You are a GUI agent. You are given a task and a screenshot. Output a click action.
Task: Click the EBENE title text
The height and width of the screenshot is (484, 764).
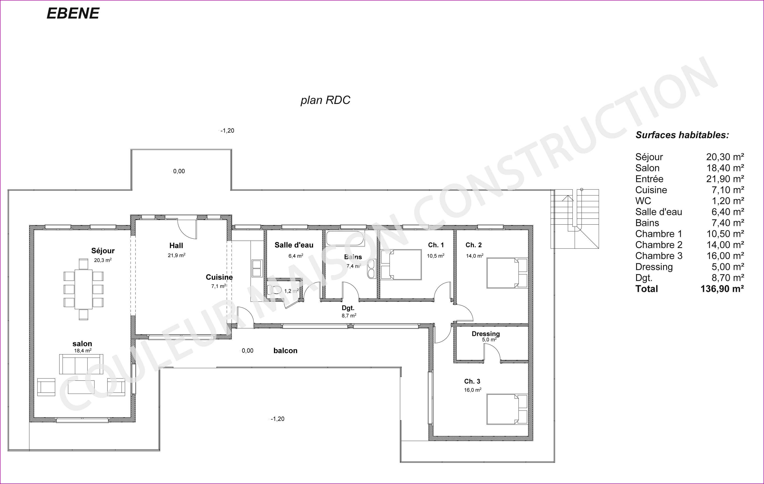pos(73,13)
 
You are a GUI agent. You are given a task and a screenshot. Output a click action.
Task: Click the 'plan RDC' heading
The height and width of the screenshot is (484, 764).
pos(325,100)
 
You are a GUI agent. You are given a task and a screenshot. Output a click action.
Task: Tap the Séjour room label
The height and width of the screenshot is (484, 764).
pos(103,251)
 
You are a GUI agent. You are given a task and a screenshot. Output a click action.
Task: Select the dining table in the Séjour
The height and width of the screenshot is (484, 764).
pos(83,289)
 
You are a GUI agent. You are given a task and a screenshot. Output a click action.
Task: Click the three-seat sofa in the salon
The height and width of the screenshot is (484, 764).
pos(81,364)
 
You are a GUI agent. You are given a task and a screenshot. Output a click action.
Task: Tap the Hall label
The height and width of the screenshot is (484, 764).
pos(176,245)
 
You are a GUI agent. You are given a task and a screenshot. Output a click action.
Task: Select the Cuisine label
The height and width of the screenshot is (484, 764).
pos(219,277)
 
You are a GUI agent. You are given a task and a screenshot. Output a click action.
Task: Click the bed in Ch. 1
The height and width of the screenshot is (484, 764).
pos(401,265)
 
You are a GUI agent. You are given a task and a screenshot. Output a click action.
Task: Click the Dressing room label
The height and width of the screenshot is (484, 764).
pos(485,334)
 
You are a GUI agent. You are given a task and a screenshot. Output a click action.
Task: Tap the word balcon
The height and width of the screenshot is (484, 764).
pos(285,350)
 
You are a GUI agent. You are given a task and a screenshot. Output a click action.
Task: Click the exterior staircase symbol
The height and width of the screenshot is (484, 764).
pos(575,219)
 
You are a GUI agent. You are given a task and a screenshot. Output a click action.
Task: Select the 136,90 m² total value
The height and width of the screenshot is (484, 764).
pos(722,289)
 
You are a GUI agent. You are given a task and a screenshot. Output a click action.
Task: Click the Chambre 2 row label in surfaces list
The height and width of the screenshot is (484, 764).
pos(658,245)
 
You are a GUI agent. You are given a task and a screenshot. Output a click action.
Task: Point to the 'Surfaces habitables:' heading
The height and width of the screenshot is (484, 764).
pos(682,135)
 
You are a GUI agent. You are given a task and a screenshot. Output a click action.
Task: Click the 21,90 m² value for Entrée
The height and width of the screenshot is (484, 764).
pos(725,179)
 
